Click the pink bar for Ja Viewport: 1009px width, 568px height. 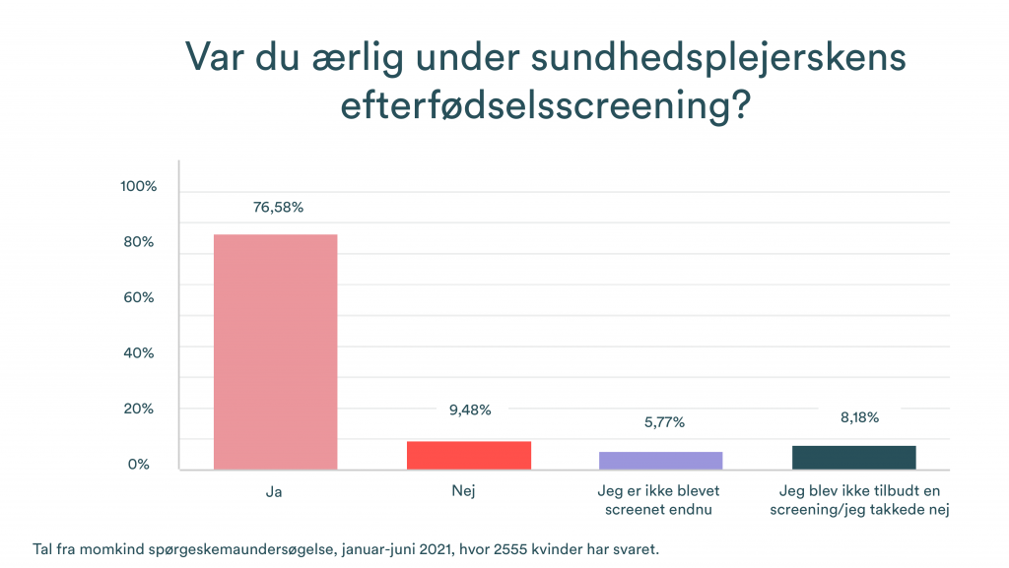275,351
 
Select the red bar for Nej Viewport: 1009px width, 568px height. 469,455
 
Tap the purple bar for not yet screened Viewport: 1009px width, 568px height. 661,460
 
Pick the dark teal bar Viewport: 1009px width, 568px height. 854,457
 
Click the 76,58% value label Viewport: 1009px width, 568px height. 277,208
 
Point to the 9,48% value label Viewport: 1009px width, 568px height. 469,410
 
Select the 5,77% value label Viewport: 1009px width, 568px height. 661,422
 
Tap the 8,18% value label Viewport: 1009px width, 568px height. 854,416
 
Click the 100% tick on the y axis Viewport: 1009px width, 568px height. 138,187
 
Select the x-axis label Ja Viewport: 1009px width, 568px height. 275,489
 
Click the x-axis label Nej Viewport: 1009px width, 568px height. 469,489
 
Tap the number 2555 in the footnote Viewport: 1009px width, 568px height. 499,547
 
